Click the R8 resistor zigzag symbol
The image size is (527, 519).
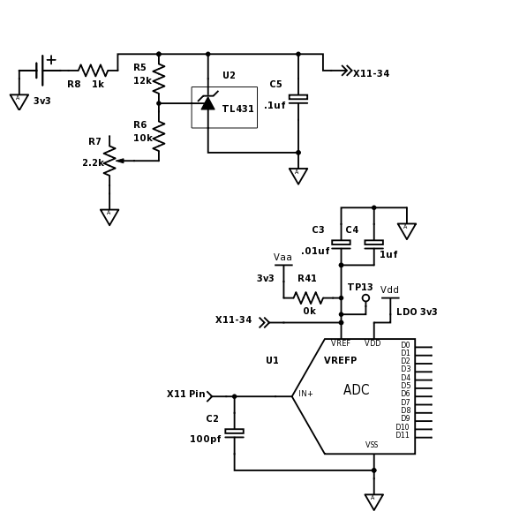click(93, 71)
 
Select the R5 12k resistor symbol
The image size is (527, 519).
click(159, 78)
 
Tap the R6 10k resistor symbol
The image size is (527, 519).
click(159, 135)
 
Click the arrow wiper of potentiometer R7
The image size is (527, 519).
click(120, 161)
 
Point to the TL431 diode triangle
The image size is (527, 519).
click(208, 103)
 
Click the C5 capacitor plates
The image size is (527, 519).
click(298, 99)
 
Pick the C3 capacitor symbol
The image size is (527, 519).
click(341, 244)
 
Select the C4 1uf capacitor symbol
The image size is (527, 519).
click(374, 244)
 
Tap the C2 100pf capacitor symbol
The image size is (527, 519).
click(234, 433)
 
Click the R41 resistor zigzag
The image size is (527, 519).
click(308, 297)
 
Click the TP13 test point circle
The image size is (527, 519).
click(366, 297)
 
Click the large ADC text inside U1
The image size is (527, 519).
click(357, 389)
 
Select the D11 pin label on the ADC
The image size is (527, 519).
click(403, 435)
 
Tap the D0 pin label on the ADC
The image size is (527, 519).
click(406, 345)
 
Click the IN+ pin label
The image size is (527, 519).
click(305, 394)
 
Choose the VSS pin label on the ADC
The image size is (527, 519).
click(372, 445)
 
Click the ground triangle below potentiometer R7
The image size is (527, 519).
click(109, 217)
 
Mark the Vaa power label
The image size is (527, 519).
click(282, 258)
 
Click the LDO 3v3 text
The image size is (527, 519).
click(417, 312)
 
